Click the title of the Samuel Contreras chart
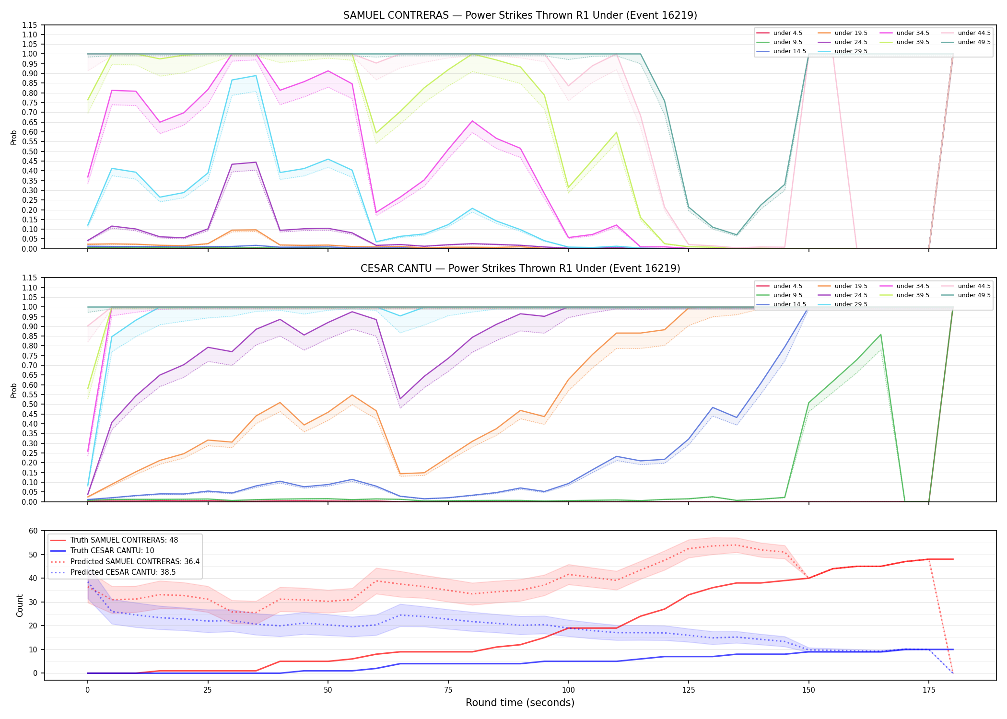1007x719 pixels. [520, 15]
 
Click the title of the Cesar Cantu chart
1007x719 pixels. [520, 268]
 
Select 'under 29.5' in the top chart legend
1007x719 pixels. [851, 51]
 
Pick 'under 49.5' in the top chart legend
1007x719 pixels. [974, 42]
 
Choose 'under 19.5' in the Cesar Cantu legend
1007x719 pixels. [851, 286]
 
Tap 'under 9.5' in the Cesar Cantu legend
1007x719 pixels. [787, 295]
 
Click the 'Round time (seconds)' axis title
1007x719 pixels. [520, 703]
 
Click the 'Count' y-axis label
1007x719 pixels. [20, 605]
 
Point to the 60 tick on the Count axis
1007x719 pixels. [33, 531]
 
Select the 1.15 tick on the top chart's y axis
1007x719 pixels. [30, 25]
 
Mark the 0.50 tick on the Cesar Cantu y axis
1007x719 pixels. [30, 404]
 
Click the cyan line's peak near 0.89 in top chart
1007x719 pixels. [256, 75]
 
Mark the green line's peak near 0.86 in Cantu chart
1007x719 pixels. [880, 335]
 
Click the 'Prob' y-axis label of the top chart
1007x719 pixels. [14, 138]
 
